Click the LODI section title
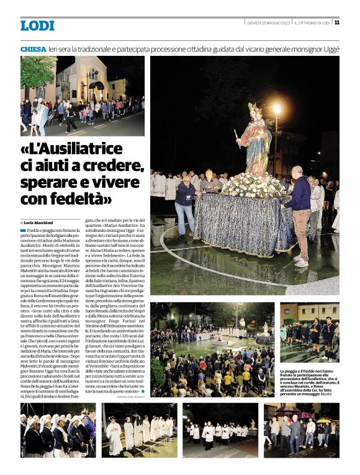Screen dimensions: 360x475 37,25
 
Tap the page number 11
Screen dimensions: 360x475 336,23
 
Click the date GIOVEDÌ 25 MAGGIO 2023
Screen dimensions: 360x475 268,23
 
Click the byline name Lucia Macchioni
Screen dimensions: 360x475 41,221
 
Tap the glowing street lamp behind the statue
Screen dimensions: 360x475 277,109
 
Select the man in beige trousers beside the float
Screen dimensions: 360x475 301,211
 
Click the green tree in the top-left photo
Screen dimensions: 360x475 35,71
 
